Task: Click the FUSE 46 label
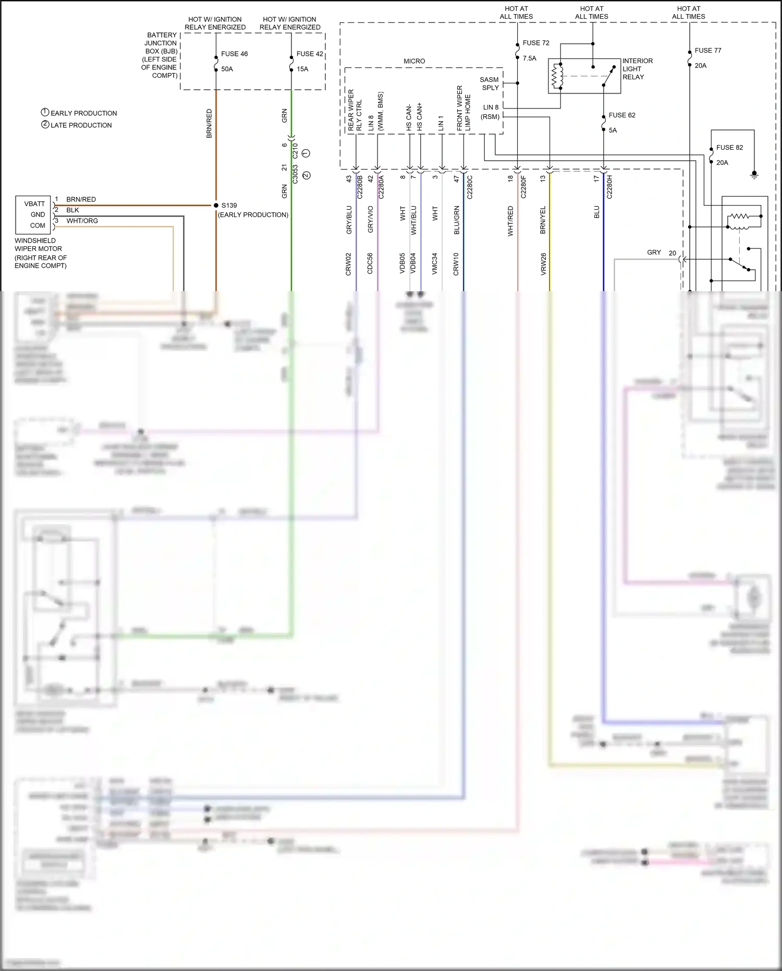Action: [x=234, y=54]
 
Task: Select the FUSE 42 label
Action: [x=310, y=54]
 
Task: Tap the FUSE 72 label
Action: [x=536, y=43]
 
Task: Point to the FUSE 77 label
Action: [x=707, y=51]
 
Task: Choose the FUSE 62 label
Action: [x=622, y=115]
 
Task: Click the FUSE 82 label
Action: [x=729, y=148]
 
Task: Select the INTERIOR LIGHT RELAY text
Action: [x=637, y=69]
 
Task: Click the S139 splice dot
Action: [x=216, y=206]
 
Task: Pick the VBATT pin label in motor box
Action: [x=34, y=204]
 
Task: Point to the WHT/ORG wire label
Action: [x=82, y=221]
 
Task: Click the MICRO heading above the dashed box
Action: [x=414, y=61]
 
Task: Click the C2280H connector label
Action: [x=609, y=187]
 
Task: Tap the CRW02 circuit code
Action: [x=348, y=264]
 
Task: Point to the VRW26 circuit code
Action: [x=543, y=264]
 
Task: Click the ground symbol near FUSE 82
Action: [x=754, y=174]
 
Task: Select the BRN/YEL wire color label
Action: [x=543, y=220]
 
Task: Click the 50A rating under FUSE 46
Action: [x=227, y=69]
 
